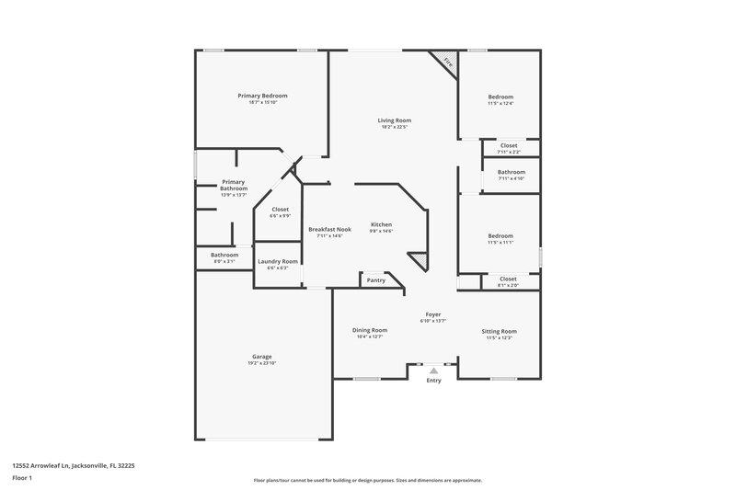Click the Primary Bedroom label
(x=262, y=96)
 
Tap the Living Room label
(x=395, y=120)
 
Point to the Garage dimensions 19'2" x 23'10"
(x=262, y=363)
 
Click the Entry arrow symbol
(x=434, y=370)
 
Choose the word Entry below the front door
(x=434, y=381)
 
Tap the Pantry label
(x=376, y=280)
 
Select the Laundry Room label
(x=277, y=261)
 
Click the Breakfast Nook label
(x=330, y=229)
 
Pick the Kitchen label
(x=382, y=224)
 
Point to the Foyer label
(x=432, y=313)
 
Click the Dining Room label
(x=369, y=330)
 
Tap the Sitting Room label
(x=500, y=331)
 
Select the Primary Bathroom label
(x=234, y=185)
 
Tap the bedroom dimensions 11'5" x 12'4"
(x=500, y=104)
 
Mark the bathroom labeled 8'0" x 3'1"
(x=224, y=262)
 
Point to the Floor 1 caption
(x=22, y=479)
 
